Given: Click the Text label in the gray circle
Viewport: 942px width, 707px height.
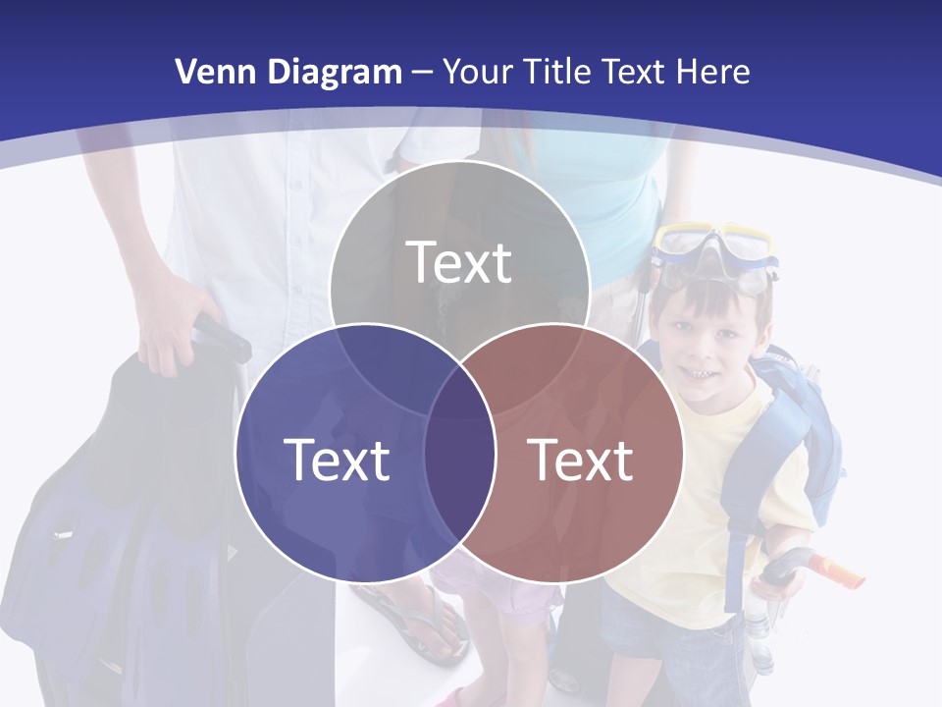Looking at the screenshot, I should point(459,261).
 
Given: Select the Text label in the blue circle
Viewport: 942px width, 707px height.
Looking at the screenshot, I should point(337,460).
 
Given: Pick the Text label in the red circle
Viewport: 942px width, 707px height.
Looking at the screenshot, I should point(580,460).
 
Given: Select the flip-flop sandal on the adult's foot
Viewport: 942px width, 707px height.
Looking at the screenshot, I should point(417,619).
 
